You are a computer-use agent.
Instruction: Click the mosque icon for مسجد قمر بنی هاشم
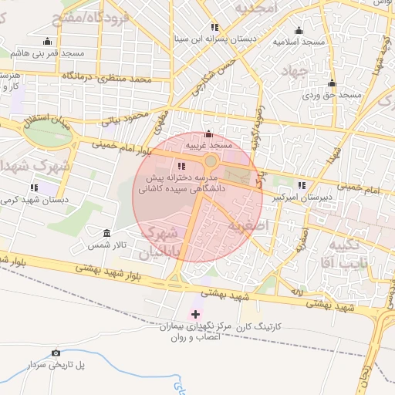coord(48,42)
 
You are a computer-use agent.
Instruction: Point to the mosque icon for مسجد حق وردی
coord(332,83)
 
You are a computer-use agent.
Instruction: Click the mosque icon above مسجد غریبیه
coord(208,134)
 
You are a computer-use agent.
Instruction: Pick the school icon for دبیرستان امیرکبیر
coord(301,185)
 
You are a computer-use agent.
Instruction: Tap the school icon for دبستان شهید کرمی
coord(34,187)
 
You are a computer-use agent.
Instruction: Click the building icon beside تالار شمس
coord(106,233)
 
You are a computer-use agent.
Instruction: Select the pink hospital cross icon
coord(195,314)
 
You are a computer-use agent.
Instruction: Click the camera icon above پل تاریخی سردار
coord(56,353)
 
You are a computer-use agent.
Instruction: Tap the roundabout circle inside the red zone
coord(211,161)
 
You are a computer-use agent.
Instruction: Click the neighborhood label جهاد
coord(292,71)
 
